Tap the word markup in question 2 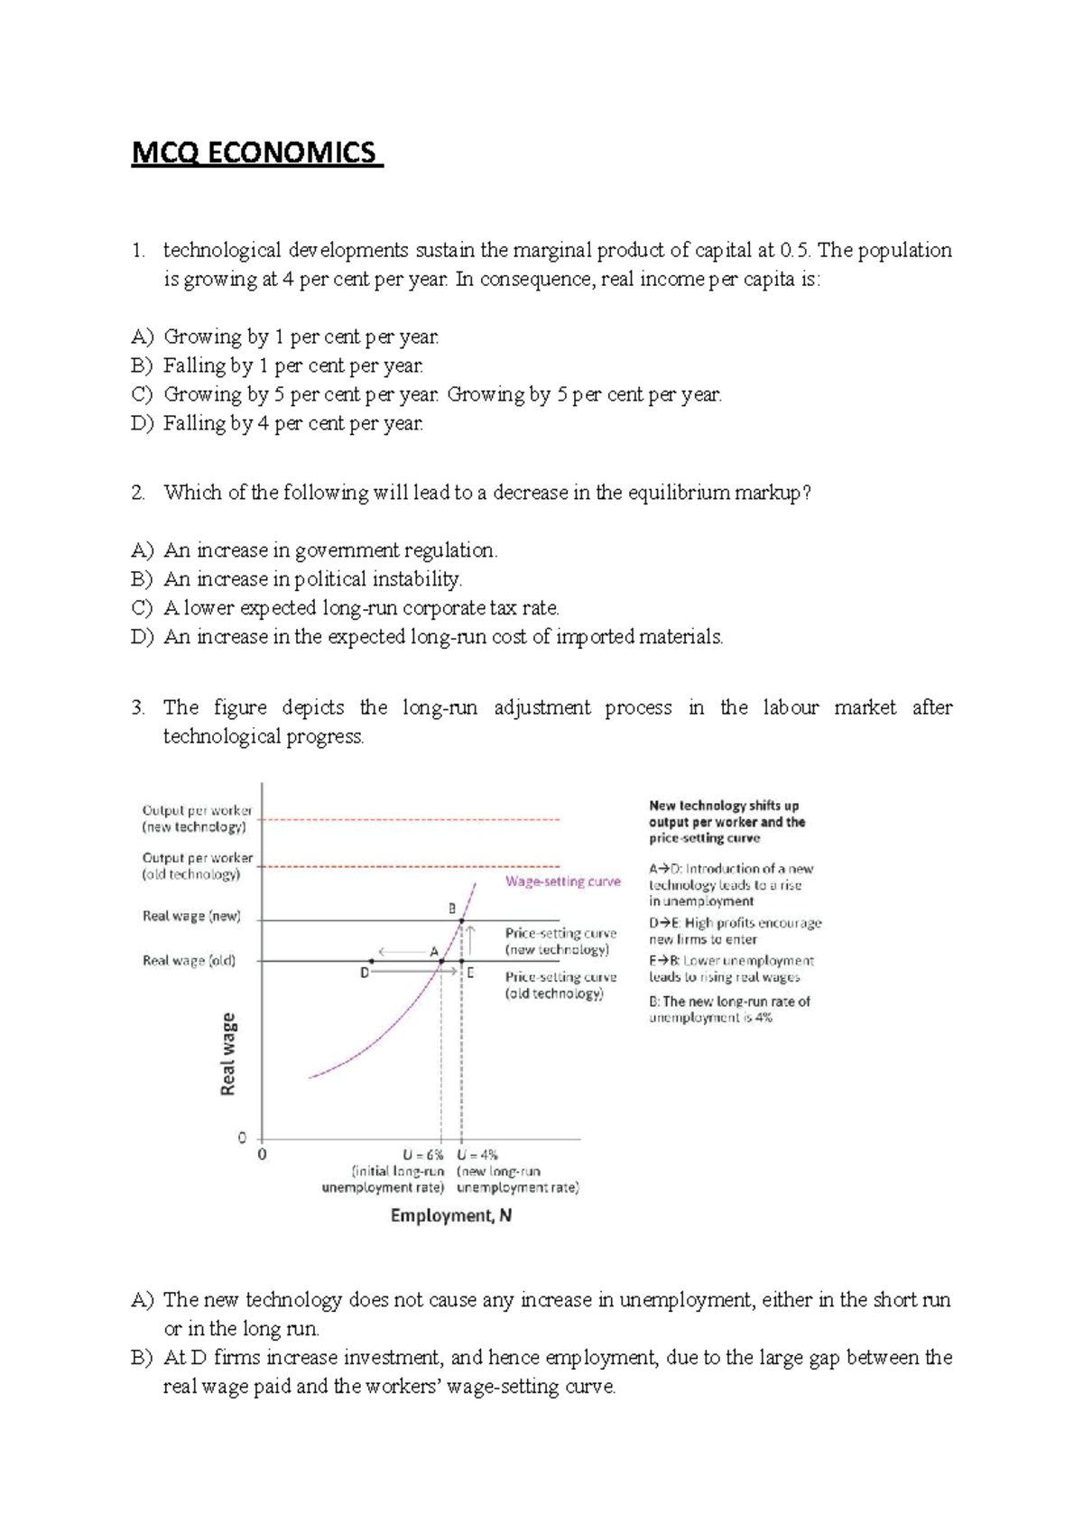[x=767, y=493]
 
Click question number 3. [x=137, y=707]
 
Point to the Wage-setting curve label [x=562, y=881]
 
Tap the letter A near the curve [x=434, y=951]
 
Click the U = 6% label [x=423, y=1155]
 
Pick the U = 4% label [x=477, y=1155]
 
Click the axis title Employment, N [x=450, y=1215]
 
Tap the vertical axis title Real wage [x=228, y=1054]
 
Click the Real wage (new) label [x=191, y=916]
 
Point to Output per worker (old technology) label [x=197, y=866]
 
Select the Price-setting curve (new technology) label [x=560, y=941]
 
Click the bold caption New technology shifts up [x=724, y=806]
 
